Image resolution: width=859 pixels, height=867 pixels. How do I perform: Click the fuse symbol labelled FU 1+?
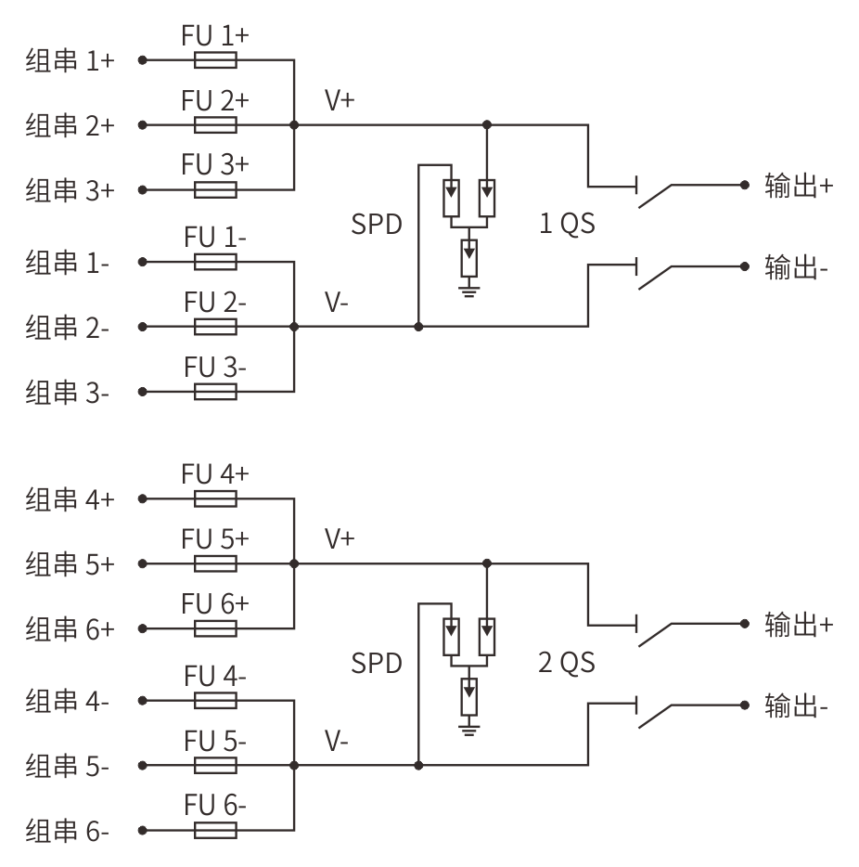pos(215,59)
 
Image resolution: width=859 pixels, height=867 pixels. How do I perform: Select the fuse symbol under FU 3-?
pos(215,392)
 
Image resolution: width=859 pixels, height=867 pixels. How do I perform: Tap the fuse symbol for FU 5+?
pos(215,563)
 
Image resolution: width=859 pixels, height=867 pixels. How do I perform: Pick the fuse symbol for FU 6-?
pos(215,830)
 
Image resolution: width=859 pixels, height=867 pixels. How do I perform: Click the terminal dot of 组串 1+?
pos(143,59)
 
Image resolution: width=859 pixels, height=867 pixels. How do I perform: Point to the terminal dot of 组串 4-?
pos(143,701)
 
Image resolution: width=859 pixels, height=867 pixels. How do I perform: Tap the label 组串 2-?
pos(68,328)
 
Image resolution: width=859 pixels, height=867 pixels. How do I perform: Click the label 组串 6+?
pos(71,629)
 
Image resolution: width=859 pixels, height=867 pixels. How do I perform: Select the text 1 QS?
pos(568,224)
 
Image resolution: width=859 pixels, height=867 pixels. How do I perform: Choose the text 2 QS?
pos(568,662)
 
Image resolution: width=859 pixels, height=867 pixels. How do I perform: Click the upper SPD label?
pos(377,224)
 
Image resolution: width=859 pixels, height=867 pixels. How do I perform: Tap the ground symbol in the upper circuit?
pos(469,290)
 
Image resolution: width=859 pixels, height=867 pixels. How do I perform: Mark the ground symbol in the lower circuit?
pos(469,728)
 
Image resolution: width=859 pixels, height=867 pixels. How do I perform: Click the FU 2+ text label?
pos(215,100)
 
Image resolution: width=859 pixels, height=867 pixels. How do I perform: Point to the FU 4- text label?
pos(215,676)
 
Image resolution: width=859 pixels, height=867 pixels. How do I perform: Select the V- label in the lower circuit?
pos(337,741)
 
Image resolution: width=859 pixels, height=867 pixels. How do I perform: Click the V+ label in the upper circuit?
pos(340,100)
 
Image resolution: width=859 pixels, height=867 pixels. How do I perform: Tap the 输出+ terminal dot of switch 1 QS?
pos(745,185)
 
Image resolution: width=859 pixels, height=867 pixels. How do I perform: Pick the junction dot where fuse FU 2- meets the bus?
pos(294,327)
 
